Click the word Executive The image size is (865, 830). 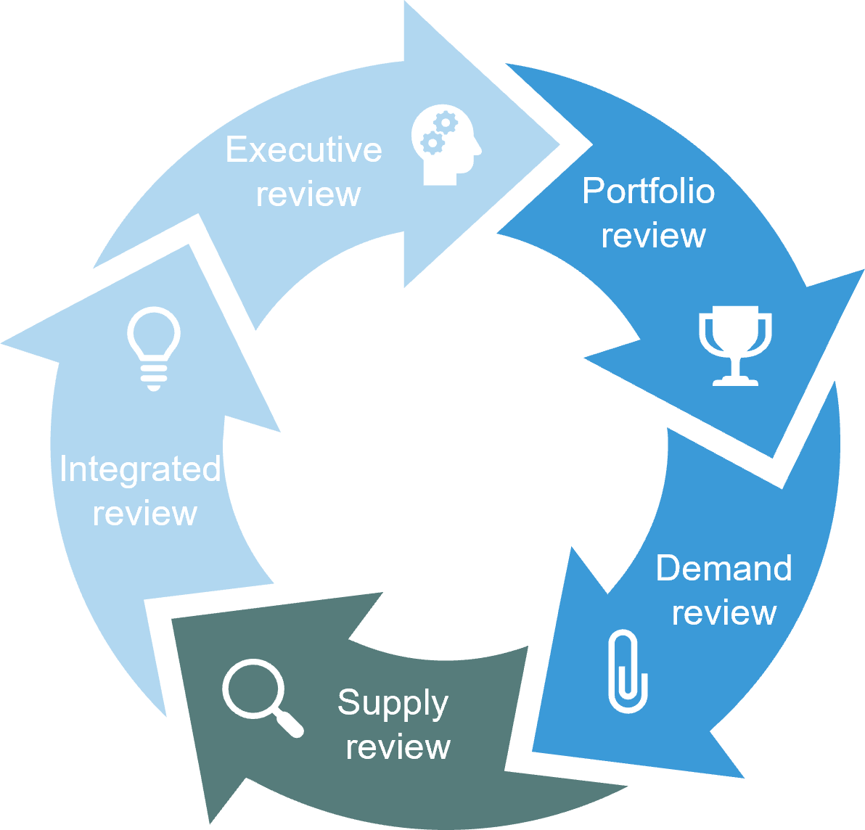click(x=303, y=150)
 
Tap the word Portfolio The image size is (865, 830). click(x=648, y=192)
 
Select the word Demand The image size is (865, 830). click(x=723, y=568)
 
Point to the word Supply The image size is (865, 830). click(x=393, y=704)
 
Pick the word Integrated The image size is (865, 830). click(x=140, y=469)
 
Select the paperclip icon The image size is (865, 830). click(x=627, y=671)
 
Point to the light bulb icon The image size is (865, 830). click(x=154, y=348)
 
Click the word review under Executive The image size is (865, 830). click(x=308, y=194)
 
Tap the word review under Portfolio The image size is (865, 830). click(x=653, y=237)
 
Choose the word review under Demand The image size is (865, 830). click(x=723, y=613)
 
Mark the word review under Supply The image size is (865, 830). click(x=398, y=747)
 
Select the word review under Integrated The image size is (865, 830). click(x=145, y=514)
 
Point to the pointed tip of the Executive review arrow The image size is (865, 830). click(x=559, y=144)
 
